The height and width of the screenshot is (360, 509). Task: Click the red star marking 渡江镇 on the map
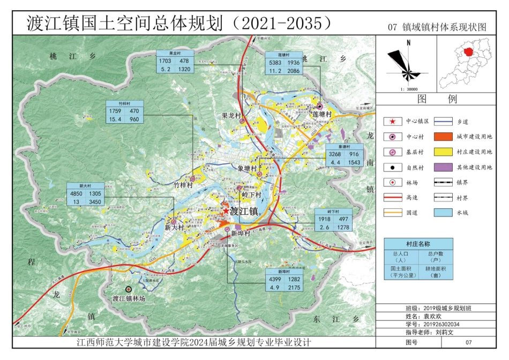point(226,212)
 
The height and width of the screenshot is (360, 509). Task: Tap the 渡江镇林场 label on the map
point(129,298)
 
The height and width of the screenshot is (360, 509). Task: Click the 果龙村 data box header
point(174,54)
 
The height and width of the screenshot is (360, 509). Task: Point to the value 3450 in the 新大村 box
point(95,201)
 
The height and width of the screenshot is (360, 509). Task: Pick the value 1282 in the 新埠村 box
point(294,280)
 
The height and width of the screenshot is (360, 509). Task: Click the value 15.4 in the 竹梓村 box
point(115,119)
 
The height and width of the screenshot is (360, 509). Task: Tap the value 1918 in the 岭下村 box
point(325,219)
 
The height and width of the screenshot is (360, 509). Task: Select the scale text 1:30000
point(408,89)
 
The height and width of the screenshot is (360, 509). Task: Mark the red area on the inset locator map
point(468,52)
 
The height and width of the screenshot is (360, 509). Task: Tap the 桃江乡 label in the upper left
point(71,56)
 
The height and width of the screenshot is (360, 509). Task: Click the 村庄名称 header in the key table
point(418,244)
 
